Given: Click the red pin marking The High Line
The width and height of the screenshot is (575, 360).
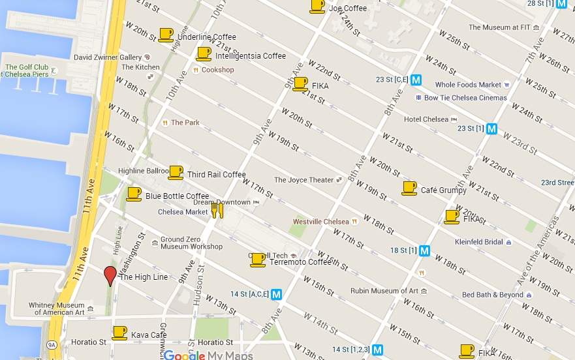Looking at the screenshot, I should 110,275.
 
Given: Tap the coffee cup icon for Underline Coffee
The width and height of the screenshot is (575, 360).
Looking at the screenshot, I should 166,34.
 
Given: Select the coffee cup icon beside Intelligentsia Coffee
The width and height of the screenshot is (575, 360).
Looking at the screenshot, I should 204,53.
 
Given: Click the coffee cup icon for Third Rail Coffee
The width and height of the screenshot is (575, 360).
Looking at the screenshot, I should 176,172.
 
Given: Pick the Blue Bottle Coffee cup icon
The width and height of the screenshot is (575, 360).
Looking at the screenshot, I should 133,194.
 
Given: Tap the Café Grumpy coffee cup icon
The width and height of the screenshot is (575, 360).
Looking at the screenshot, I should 409,188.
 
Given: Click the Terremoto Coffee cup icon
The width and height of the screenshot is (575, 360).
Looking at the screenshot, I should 257,260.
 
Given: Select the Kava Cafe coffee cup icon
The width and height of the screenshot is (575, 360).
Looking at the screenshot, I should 119,333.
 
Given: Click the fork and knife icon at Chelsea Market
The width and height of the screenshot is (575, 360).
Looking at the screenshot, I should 217,209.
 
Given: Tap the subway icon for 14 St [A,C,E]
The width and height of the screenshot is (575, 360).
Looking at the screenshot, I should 277,294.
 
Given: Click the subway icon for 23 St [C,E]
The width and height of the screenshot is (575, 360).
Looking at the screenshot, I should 416,80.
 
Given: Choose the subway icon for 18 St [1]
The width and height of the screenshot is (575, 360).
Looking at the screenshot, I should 425,250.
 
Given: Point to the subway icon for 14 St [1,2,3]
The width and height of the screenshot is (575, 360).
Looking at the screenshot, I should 377,349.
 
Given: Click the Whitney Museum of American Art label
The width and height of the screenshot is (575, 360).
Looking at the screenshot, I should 56,308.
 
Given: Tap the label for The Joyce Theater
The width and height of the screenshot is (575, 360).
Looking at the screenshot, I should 303,180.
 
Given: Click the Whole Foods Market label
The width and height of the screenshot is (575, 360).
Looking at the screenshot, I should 468,85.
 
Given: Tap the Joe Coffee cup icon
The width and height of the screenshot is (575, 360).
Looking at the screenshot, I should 317,6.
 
